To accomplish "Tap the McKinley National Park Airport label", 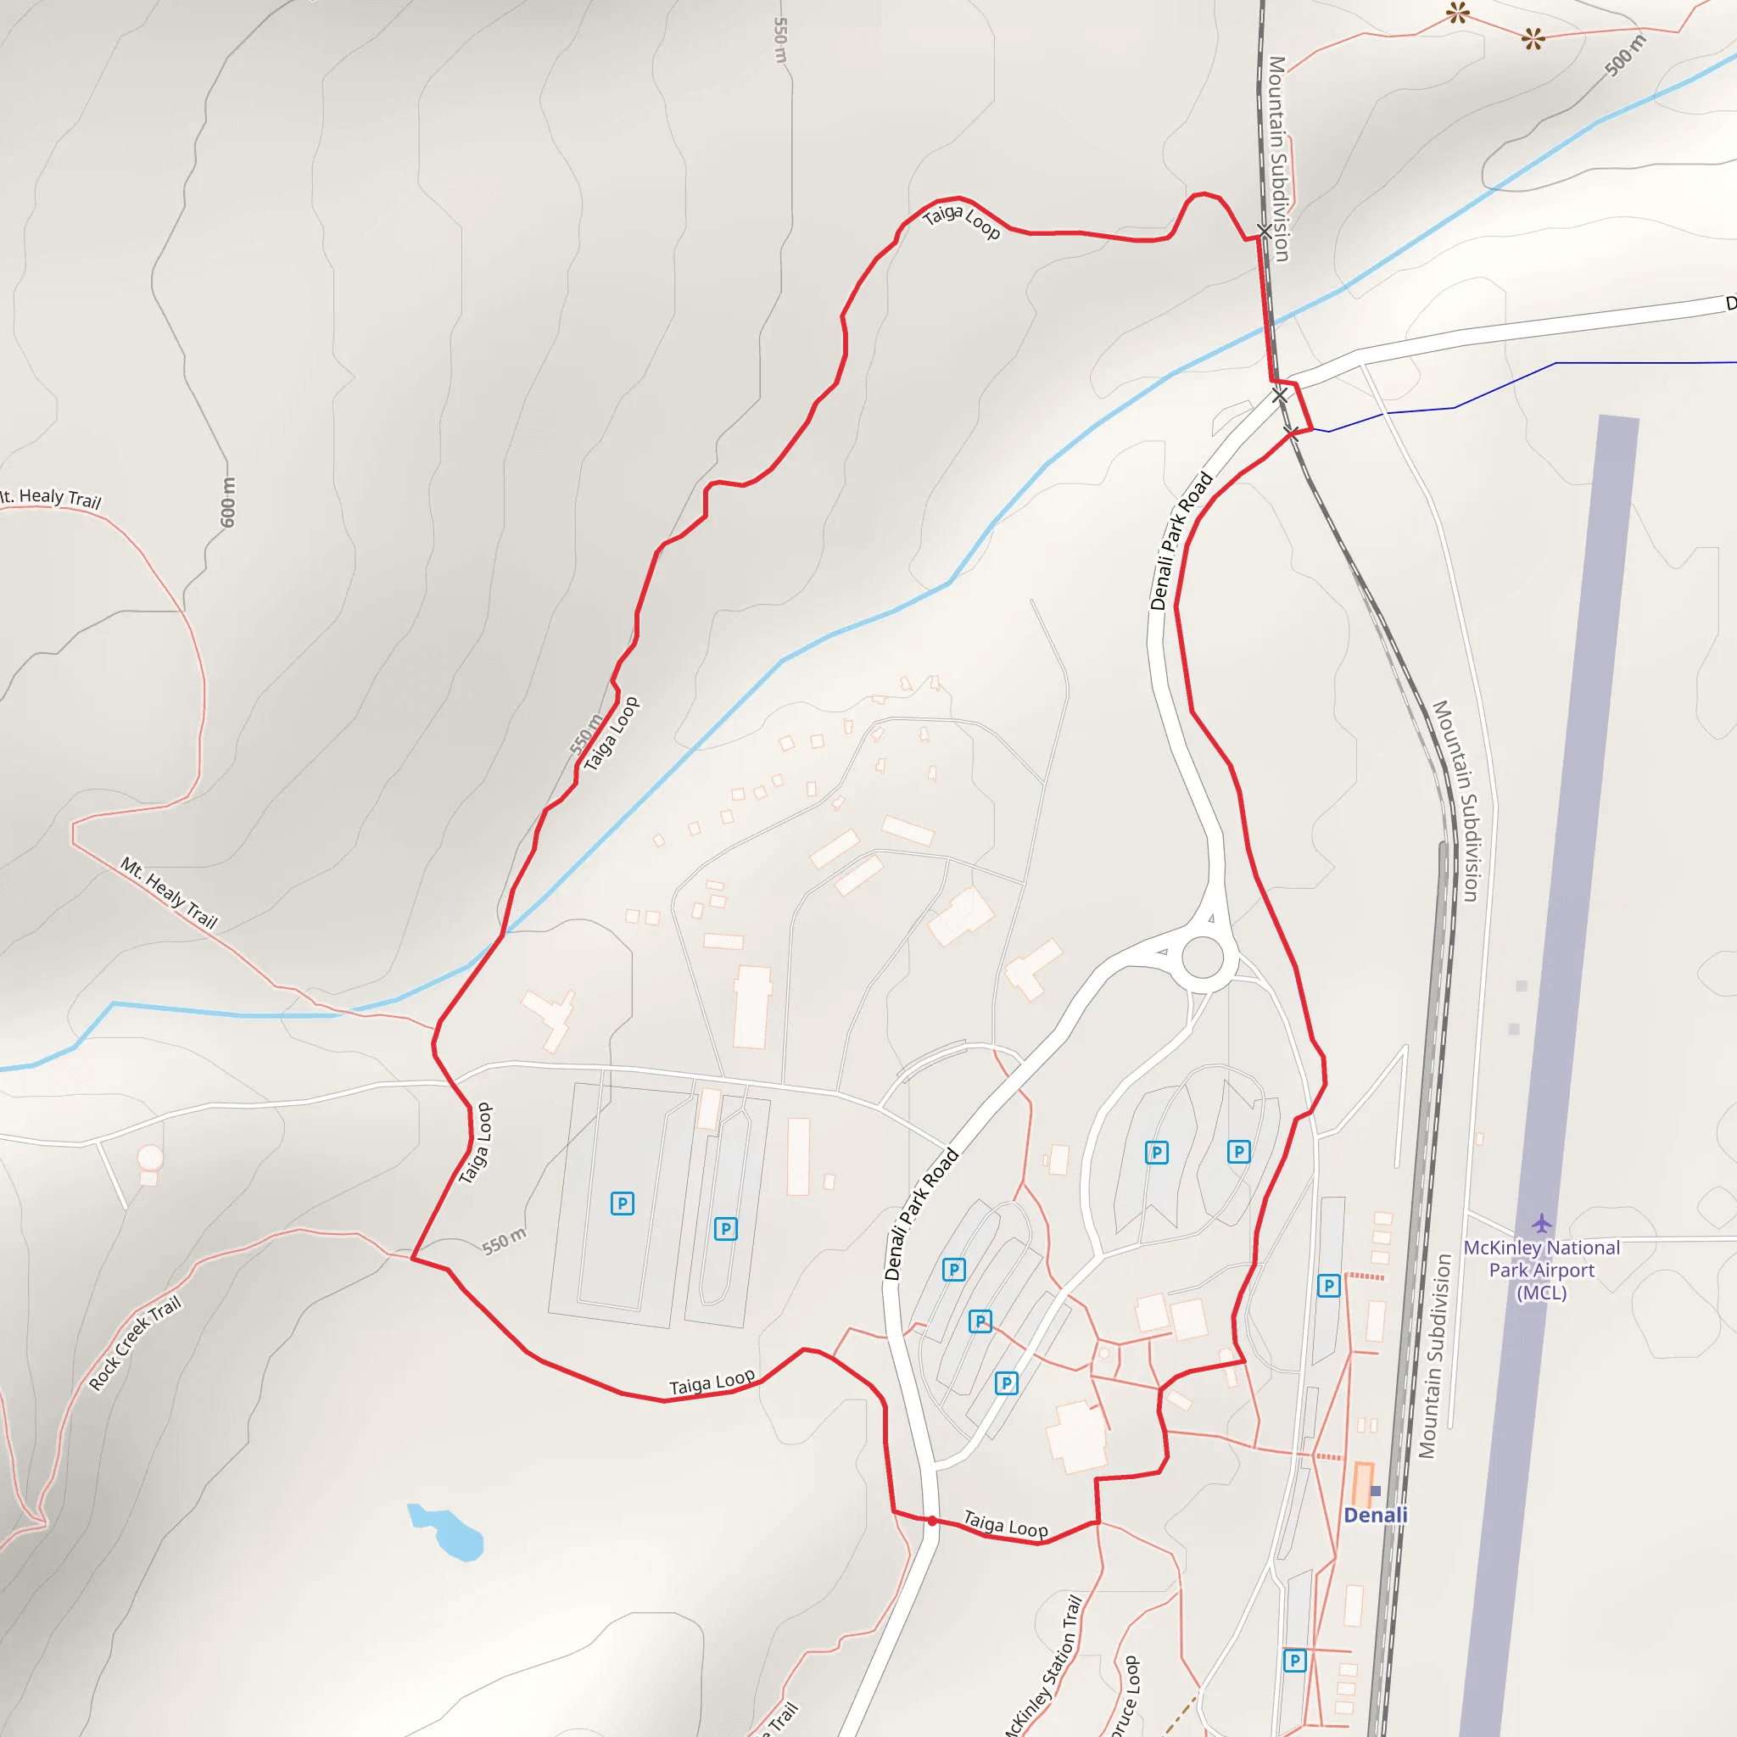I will click(1541, 1270).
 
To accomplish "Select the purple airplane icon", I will click(1541, 1223).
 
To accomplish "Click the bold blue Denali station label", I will click(1375, 1515).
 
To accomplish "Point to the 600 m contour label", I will click(227, 502).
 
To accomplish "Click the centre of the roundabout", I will click(1203, 958).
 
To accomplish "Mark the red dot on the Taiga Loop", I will click(932, 1522).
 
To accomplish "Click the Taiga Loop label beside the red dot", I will click(1005, 1525).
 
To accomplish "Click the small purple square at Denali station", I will click(1376, 1491).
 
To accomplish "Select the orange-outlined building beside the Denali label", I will click(1363, 1483).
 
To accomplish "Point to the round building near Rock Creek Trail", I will click(150, 1157).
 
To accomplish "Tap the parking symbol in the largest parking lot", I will click(621, 1203).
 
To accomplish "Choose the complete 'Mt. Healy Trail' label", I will click(169, 893).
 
